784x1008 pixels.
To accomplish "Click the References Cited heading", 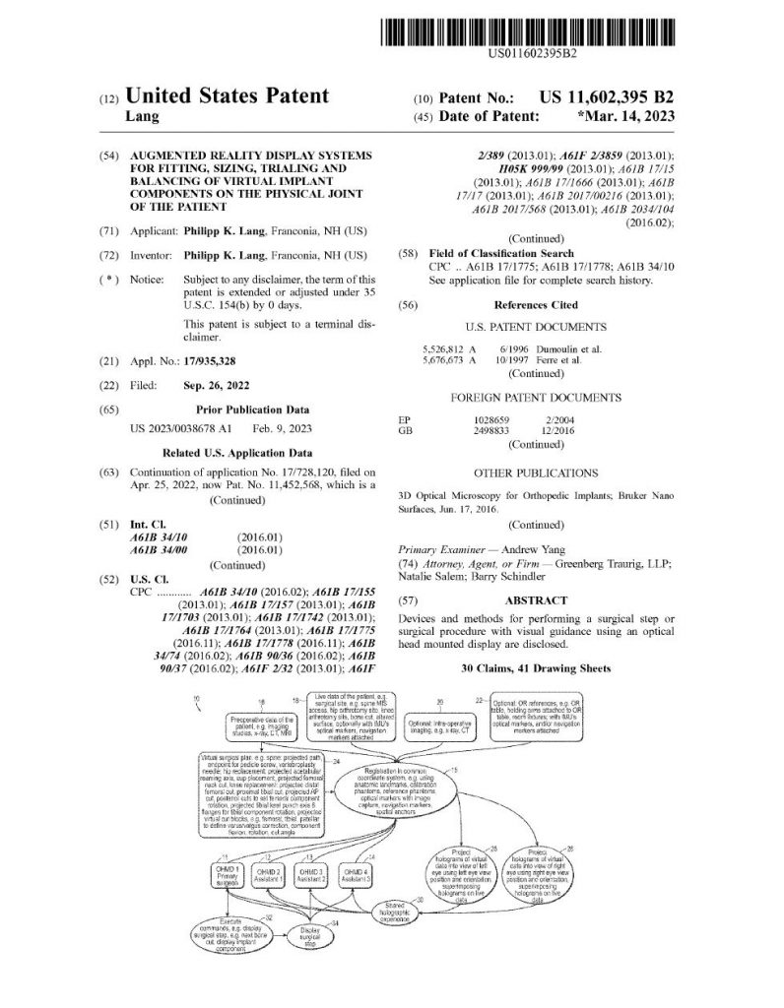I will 535,306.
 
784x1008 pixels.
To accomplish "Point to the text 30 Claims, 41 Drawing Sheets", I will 536,668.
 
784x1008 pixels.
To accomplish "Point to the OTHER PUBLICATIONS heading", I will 535,473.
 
